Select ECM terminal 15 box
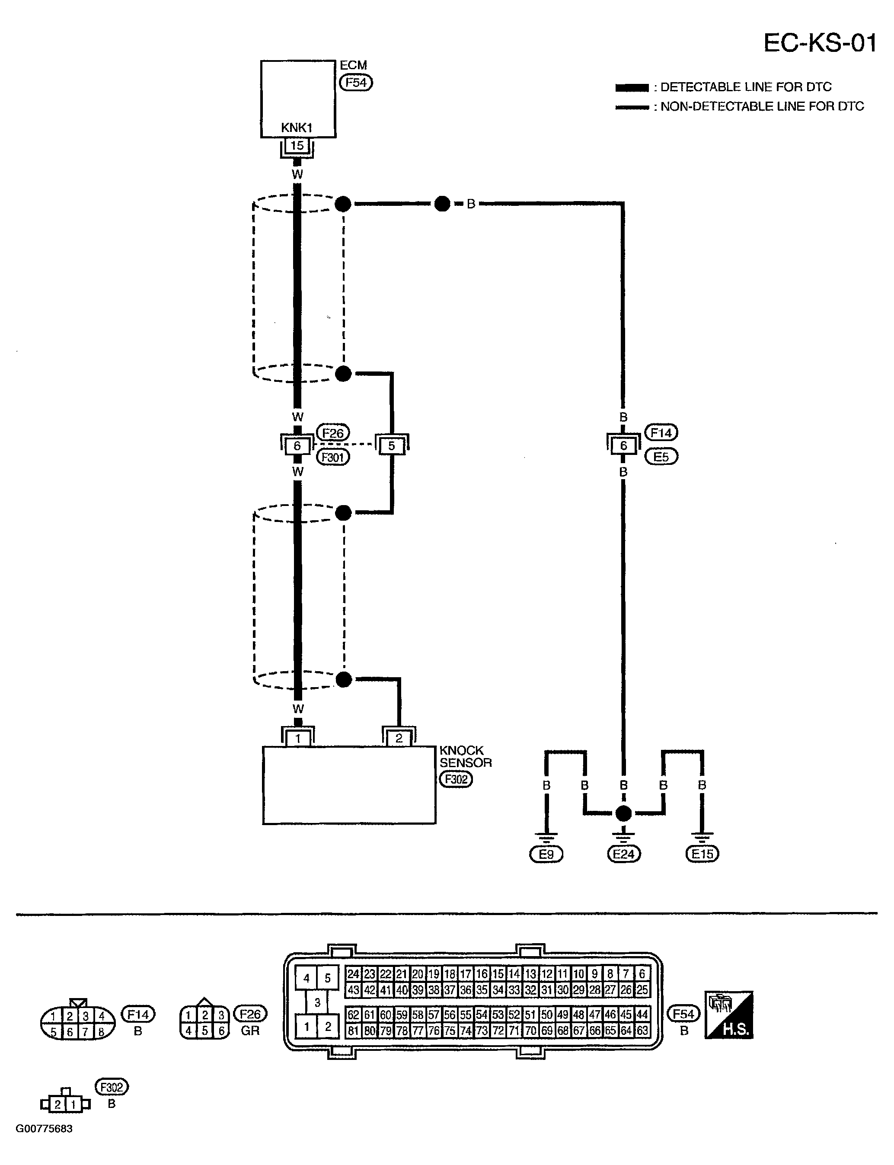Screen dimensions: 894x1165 click(x=297, y=145)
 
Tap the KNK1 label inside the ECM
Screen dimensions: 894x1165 click(x=297, y=128)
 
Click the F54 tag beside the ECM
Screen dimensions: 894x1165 click(x=356, y=83)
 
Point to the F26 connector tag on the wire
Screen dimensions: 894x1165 click(x=333, y=433)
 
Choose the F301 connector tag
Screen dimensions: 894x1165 click(x=333, y=457)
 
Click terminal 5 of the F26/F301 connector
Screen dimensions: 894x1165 click(x=392, y=445)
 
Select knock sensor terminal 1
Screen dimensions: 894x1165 click(x=298, y=738)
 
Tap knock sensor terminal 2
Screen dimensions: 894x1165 click(x=399, y=738)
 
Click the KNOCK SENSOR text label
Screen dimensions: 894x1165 click(x=466, y=757)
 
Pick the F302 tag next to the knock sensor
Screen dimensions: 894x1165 click(x=456, y=780)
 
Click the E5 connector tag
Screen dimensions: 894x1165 click(x=661, y=457)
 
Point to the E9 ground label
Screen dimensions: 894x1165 click(x=546, y=854)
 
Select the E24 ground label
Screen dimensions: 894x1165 click(x=624, y=854)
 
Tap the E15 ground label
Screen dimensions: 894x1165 click(x=702, y=854)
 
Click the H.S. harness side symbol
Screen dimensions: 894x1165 click(x=729, y=1015)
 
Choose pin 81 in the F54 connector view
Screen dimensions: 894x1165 click(x=353, y=1031)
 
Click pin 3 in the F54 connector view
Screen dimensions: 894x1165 click(x=317, y=1003)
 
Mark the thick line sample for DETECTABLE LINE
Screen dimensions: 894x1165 click(x=632, y=88)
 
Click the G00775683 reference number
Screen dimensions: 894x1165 click(x=44, y=1129)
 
